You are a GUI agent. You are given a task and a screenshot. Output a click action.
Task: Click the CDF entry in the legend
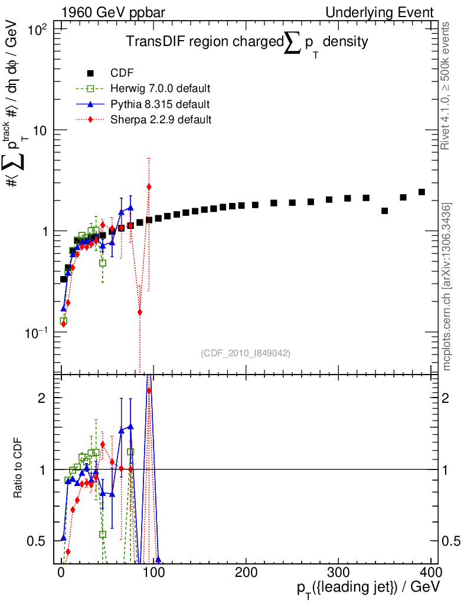pyautogui.click(x=122, y=73)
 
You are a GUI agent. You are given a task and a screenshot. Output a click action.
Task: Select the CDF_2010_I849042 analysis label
pyautogui.click(x=246, y=353)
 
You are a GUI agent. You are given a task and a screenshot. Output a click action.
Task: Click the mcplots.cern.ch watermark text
pyautogui.click(x=447, y=287)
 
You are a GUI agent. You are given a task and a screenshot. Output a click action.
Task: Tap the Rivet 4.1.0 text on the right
pyautogui.click(x=447, y=86)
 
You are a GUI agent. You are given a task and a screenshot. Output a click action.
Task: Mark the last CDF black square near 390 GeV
pyautogui.click(x=421, y=192)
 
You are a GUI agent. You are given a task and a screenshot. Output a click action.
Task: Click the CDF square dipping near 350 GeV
pyautogui.click(x=384, y=211)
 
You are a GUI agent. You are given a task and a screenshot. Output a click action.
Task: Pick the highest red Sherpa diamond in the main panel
pyautogui.click(x=149, y=186)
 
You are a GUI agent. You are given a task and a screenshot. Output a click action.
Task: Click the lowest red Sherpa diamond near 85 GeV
pyautogui.click(x=140, y=312)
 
